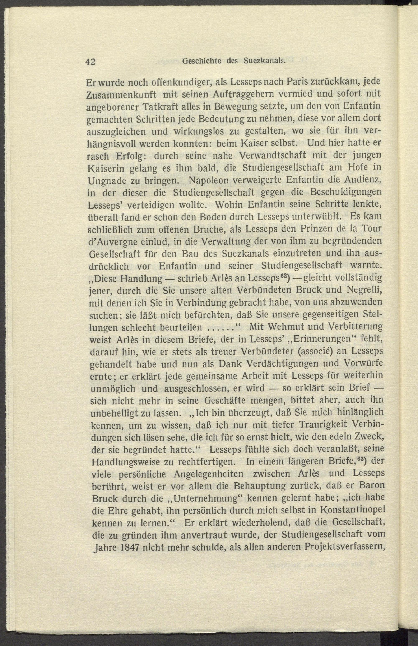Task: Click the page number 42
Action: [90, 62]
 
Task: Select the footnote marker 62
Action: [284, 277]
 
